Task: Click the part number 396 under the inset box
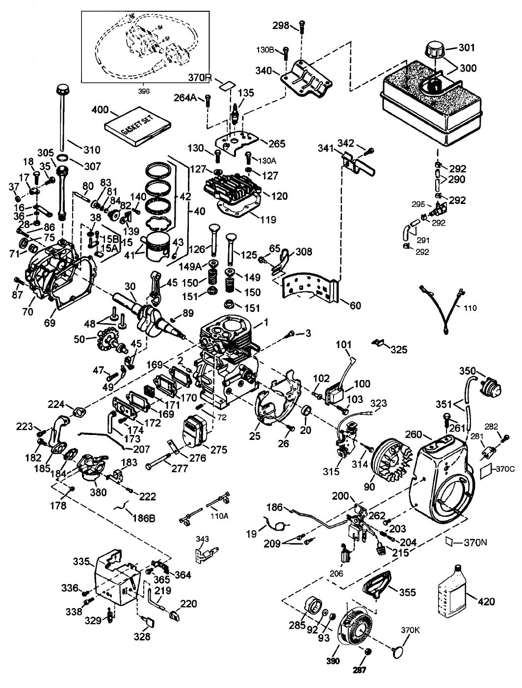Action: [144, 91]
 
